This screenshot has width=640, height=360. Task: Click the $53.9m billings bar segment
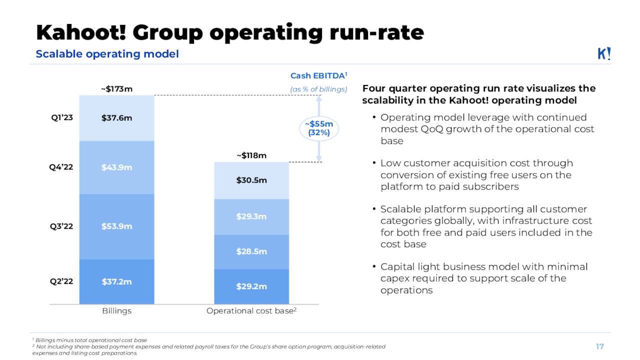click(x=116, y=226)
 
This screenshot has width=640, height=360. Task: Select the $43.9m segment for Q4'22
click(x=116, y=167)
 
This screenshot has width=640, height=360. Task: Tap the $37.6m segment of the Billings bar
click(x=116, y=118)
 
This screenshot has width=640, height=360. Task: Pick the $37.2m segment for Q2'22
click(x=116, y=281)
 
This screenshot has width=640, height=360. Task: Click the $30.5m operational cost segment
click(x=251, y=180)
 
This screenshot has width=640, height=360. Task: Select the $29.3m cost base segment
click(x=251, y=216)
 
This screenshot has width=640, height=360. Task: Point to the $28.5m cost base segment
click(x=251, y=251)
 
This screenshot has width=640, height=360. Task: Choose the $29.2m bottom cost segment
click(x=251, y=286)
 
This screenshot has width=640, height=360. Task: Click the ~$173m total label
click(x=116, y=89)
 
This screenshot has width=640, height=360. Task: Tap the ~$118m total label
click(x=251, y=155)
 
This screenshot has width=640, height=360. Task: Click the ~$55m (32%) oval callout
click(x=319, y=128)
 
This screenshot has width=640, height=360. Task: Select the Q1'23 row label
click(x=61, y=118)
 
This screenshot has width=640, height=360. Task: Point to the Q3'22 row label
click(x=61, y=226)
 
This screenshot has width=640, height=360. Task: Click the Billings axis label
click(x=116, y=311)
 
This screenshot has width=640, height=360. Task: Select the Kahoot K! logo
click(x=604, y=54)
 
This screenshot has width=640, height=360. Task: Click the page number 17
click(x=599, y=346)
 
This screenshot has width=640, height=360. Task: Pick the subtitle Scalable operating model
click(x=107, y=54)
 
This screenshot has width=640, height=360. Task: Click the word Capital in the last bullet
click(x=397, y=267)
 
